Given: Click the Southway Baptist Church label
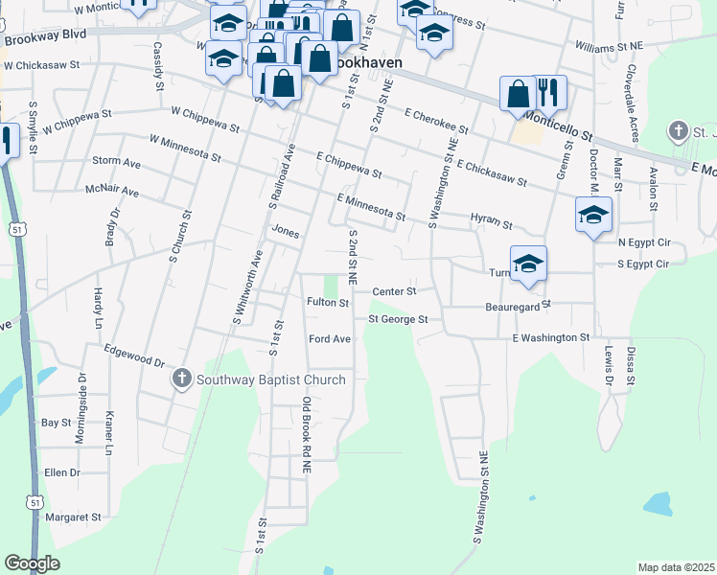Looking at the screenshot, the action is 270,379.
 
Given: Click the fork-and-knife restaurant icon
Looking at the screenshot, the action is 549,93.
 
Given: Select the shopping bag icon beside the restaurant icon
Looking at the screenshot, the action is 518,94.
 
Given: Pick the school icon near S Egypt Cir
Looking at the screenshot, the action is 527,264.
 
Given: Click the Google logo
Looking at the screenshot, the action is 32,563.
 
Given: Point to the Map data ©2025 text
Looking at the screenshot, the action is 676,567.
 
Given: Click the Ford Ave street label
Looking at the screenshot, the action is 330,339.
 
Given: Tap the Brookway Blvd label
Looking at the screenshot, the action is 45,36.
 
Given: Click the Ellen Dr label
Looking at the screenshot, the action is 61,472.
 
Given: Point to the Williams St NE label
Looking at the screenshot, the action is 607,46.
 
